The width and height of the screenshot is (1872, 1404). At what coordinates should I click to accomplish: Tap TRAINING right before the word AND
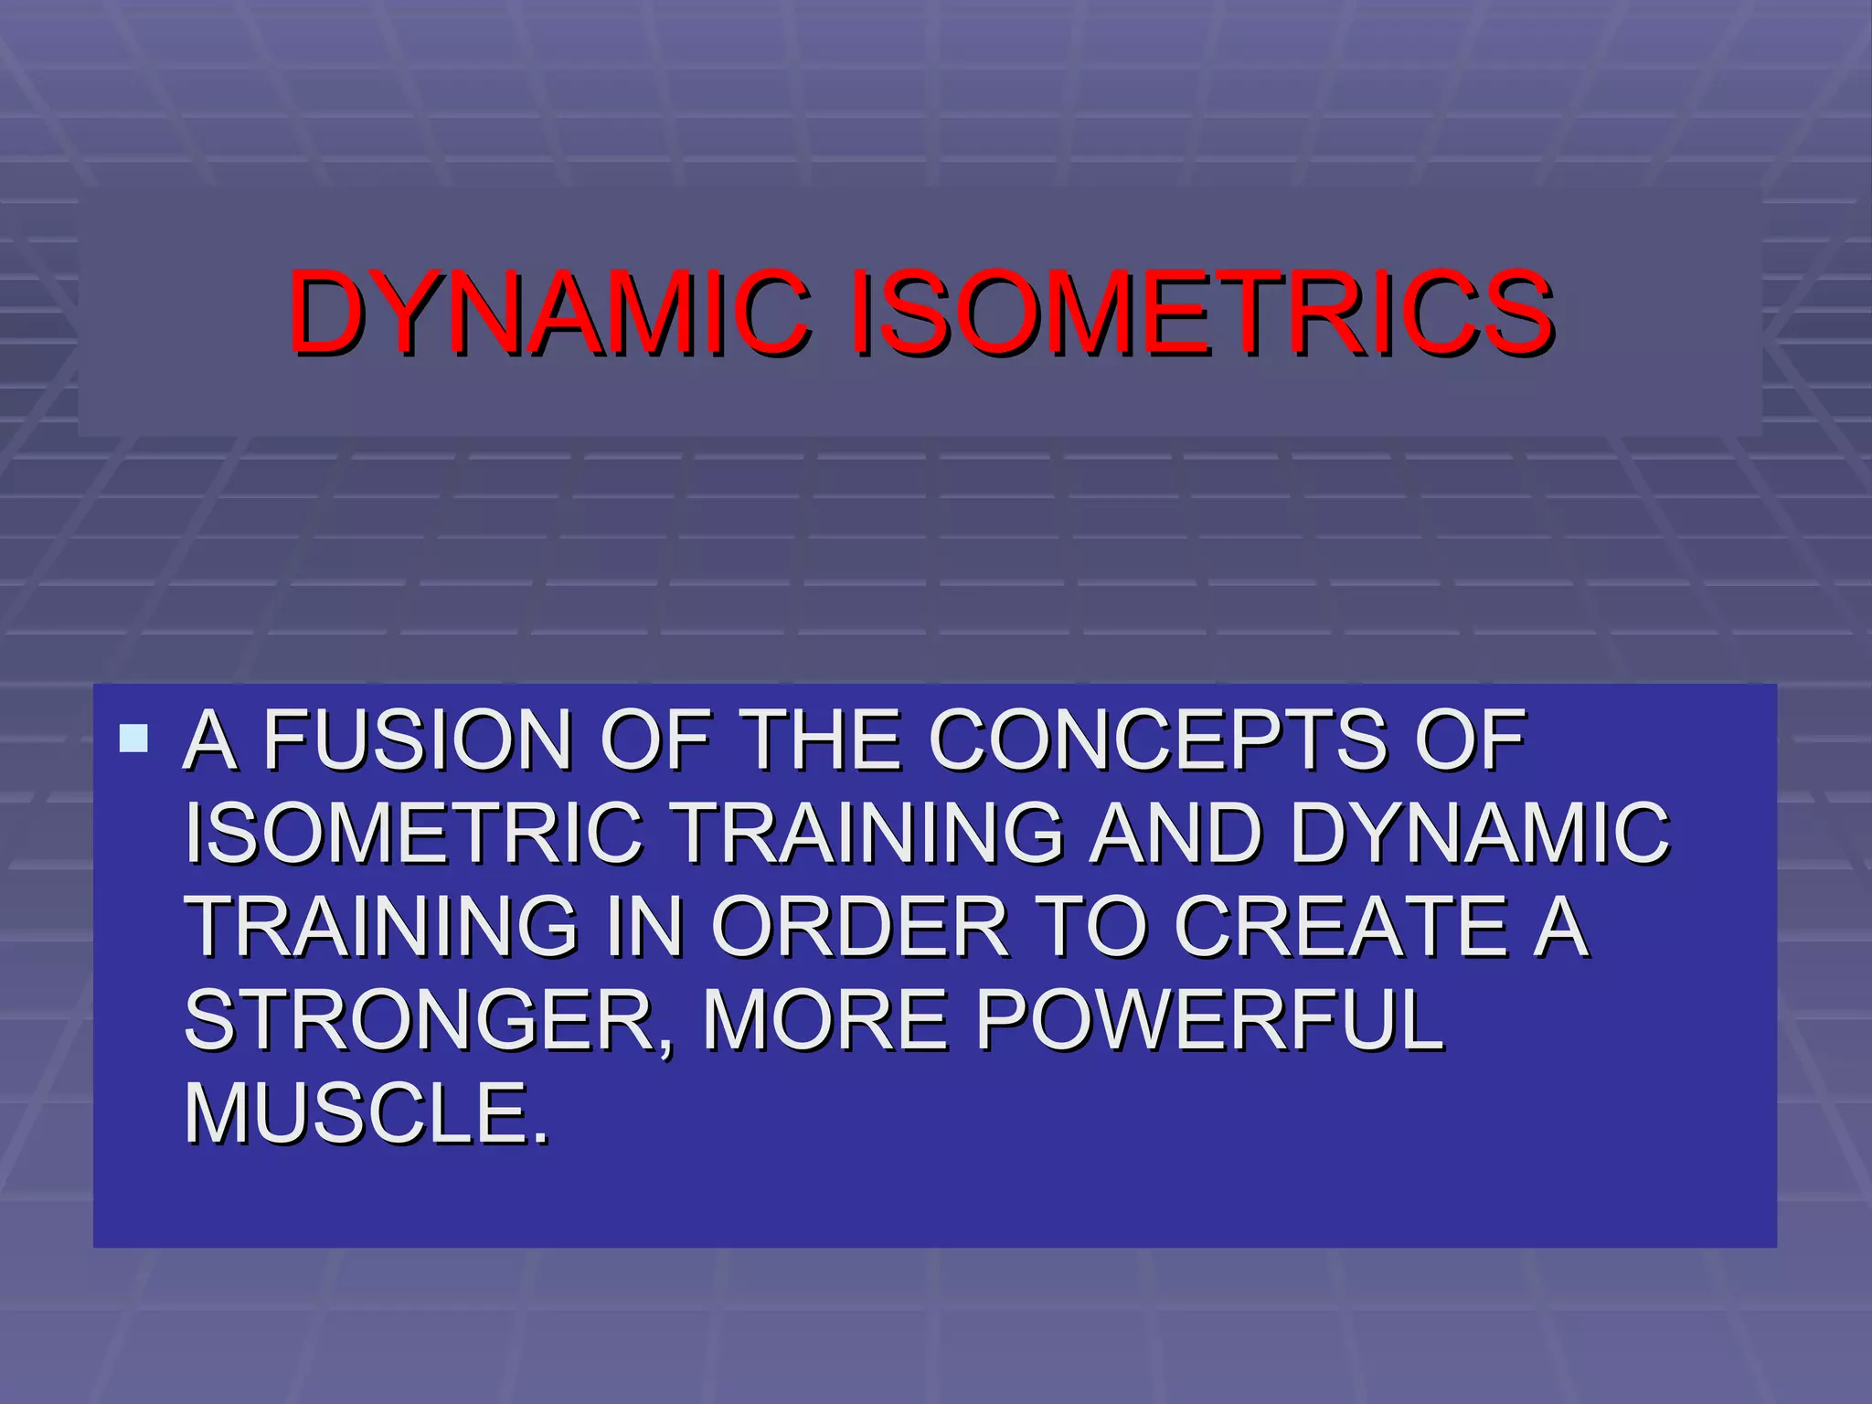pyautogui.click(x=869, y=833)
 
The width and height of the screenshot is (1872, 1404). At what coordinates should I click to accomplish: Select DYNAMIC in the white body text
pyautogui.click(x=1480, y=833)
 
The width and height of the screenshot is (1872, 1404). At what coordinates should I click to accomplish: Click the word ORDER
pyautogui.click(x=859, y=927)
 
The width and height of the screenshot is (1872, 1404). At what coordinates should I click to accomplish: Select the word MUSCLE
pyautogui.click(x=367, y=1114)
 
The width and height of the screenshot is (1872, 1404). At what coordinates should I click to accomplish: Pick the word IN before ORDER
pyautogui.click(x=650, y=927)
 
